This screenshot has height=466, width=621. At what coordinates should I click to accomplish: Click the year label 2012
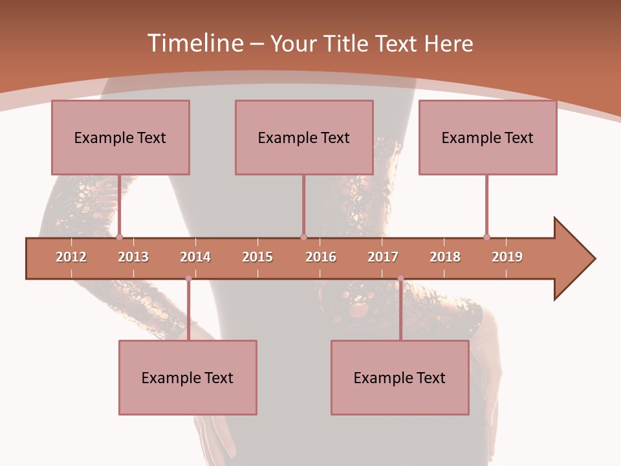point(71,257)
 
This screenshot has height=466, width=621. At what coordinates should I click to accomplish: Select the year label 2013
point(133,257)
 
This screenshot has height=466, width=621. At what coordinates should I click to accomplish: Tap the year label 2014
point(195,257)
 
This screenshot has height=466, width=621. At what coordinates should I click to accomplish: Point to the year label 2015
point(257,257)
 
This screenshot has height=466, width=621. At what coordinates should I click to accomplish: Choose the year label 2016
point(321,257)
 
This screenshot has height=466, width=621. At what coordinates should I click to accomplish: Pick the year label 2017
point(383,257)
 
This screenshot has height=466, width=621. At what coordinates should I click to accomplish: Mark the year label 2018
point(445,257)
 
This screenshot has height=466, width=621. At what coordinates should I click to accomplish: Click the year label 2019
point(507,257)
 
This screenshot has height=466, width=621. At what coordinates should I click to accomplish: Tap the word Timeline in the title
point(194,43)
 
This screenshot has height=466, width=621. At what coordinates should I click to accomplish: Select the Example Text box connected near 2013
point(120,137)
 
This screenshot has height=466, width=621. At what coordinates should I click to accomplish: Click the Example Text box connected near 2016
point(304,137)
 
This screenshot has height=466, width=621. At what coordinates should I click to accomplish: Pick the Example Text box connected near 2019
point(488,137)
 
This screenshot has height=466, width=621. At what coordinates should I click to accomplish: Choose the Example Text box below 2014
point(188,377)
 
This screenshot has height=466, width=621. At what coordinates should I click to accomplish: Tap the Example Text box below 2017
point(400,377)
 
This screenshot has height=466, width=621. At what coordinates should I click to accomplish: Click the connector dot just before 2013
point(119,237)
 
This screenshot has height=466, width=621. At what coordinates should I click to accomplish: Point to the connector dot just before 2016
point(304,237)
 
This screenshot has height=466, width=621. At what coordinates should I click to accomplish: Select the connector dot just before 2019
point(486,237)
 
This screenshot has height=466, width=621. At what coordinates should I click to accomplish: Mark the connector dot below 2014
point(188,279)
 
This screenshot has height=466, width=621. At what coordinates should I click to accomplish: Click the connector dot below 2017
point(400,279)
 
